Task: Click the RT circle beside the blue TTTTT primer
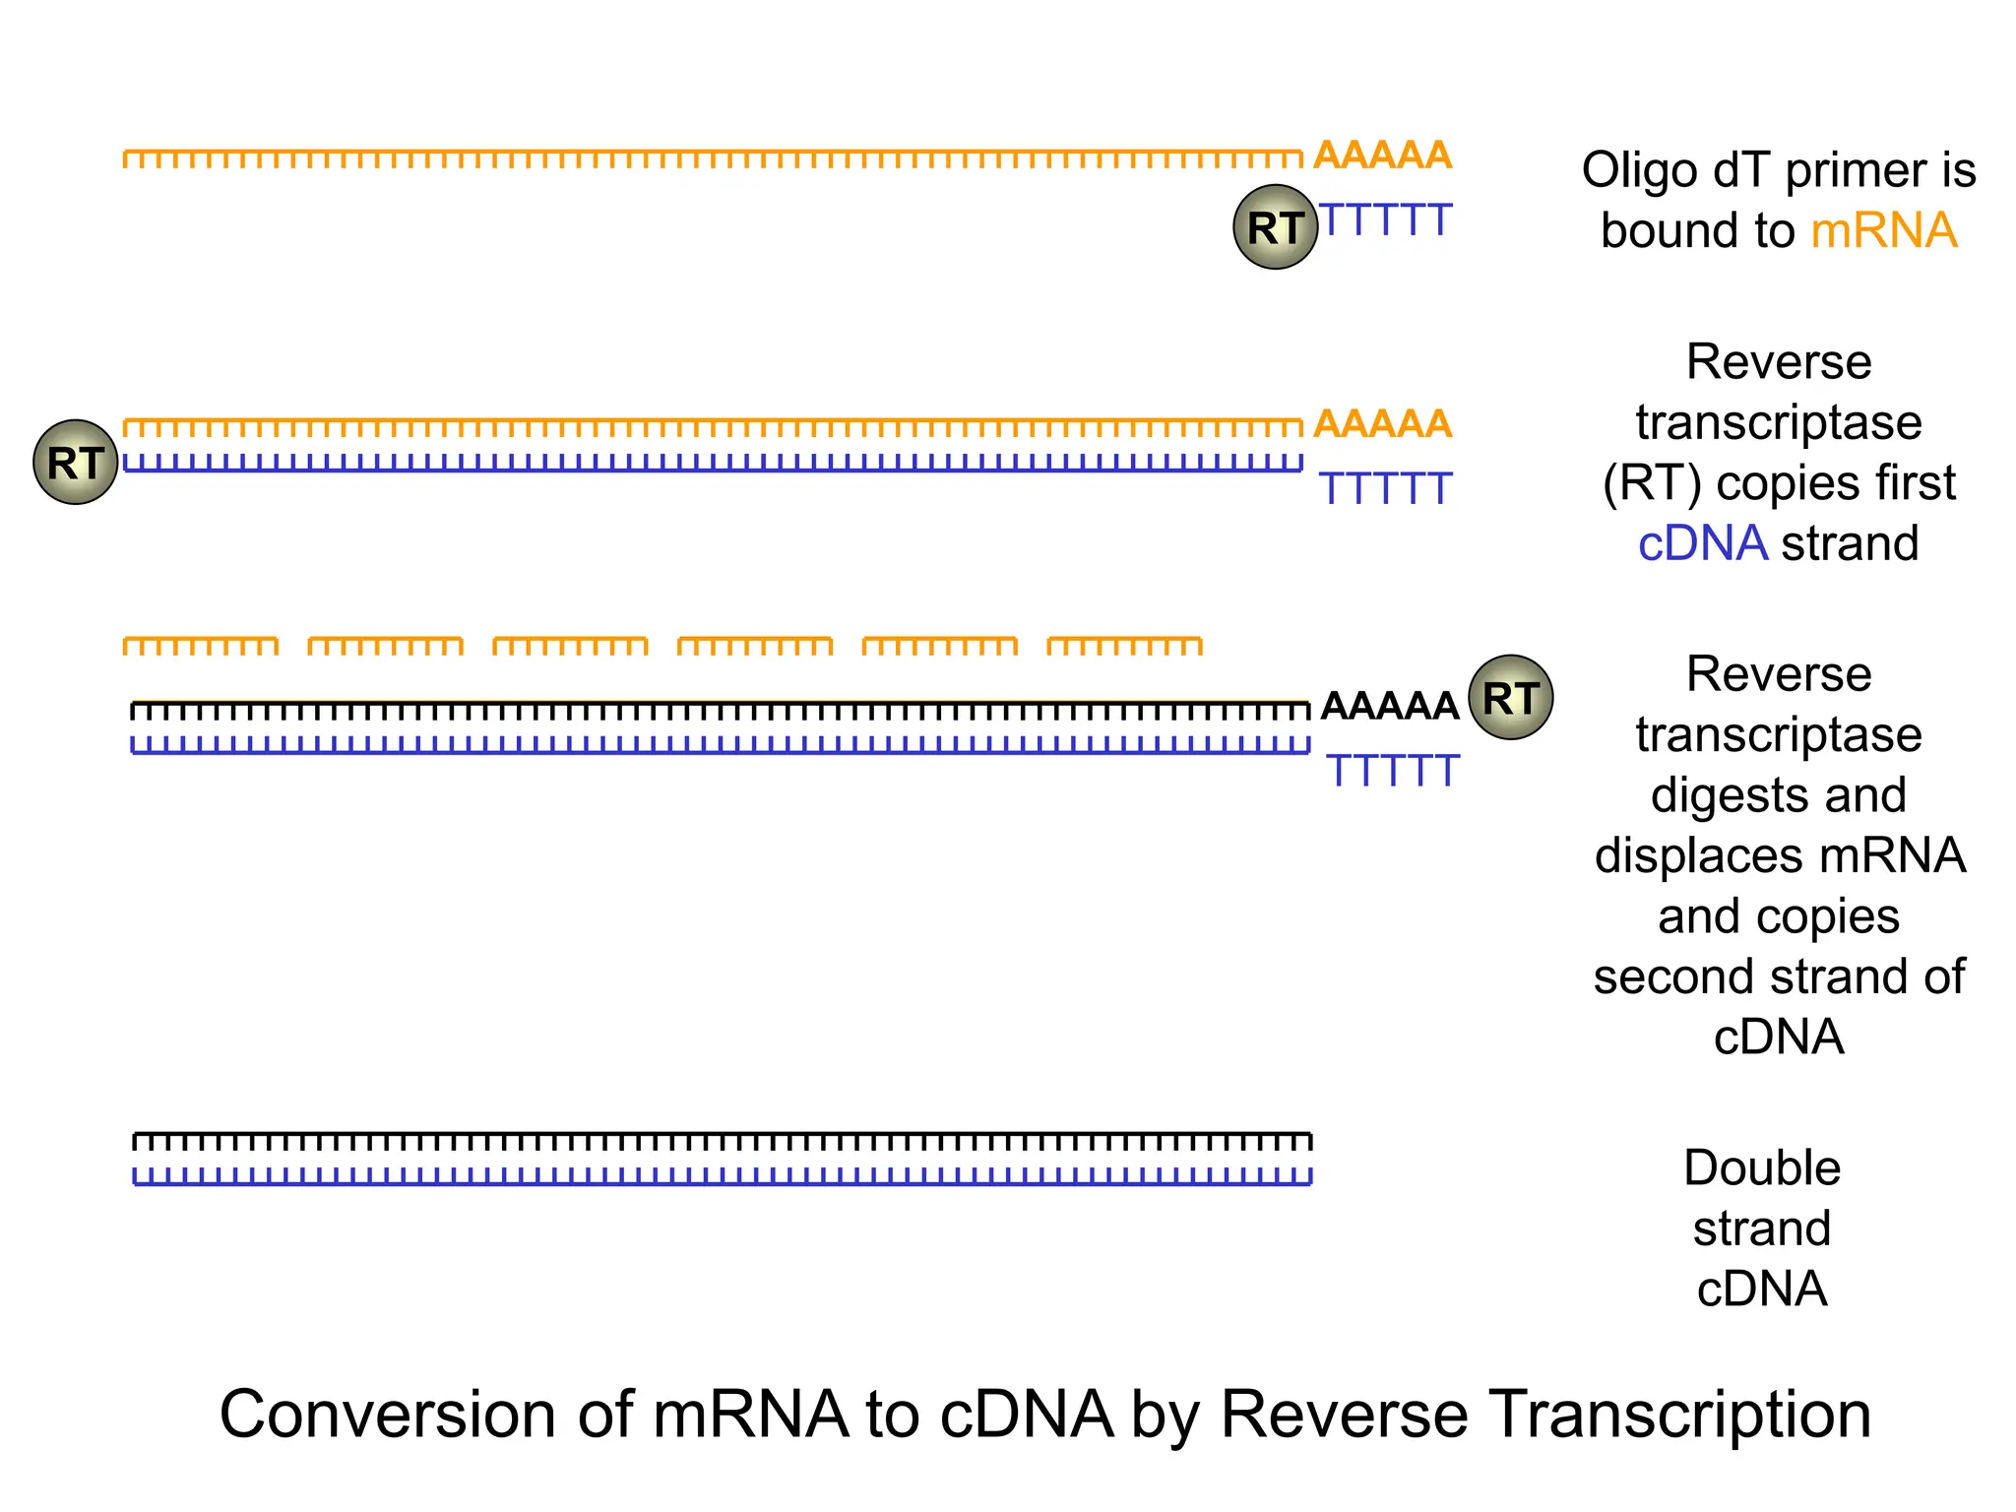[x=1275, y=227]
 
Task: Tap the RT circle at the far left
[x=76, y=463]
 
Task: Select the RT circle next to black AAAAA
[x=1510, y=698]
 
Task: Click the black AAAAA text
[x=1389, y=706]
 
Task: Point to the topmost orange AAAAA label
[x=1382, y=156]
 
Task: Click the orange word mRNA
[x=1883, y=231]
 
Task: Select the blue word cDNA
[x=1702, y=543]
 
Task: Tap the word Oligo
[x=1639, y=171]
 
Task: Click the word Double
[x=1762, y=1168]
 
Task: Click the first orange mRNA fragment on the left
[x=201, y=646]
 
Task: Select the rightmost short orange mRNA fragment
[x=1124, y=646]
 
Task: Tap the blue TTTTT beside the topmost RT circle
[x=1385, y=220]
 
